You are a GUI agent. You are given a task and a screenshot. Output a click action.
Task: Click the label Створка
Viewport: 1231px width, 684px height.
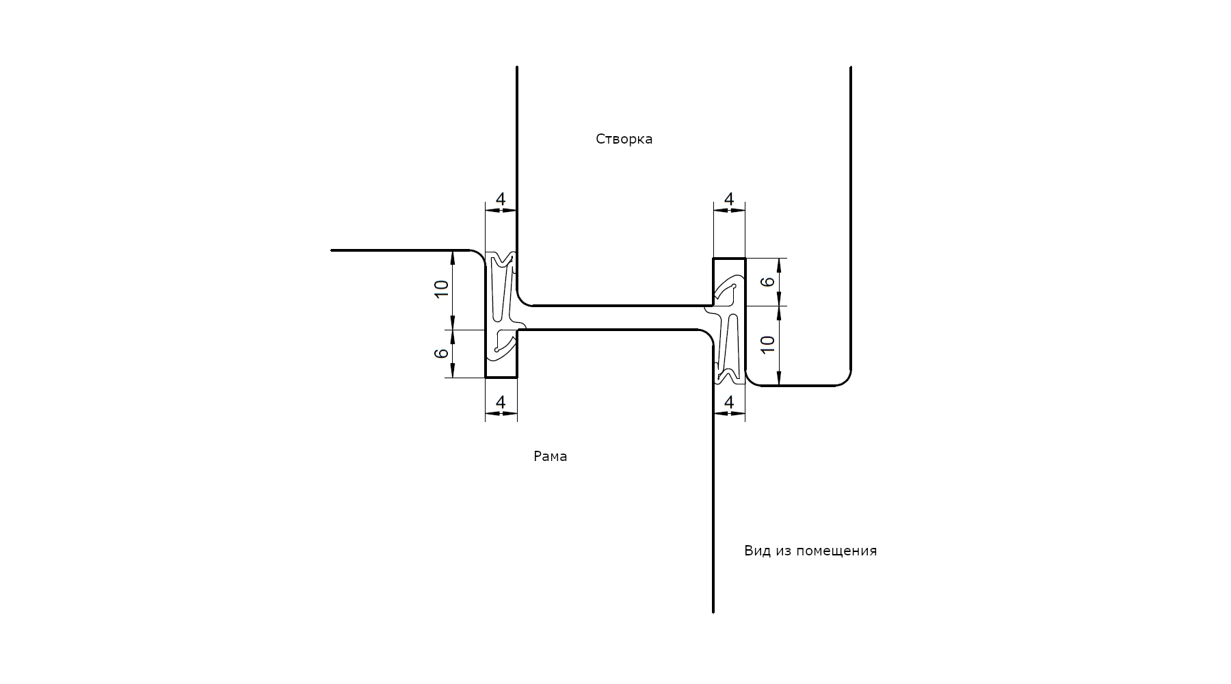(624, 139)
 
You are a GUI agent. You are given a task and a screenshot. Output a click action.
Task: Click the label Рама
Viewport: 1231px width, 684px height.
(550, 456)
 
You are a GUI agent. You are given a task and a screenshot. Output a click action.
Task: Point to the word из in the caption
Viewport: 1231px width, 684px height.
(782, 551)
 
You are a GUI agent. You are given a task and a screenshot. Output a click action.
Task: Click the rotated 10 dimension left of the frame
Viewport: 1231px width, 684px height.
(442, 289)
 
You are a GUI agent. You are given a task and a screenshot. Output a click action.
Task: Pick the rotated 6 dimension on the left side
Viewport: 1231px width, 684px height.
(442, 353)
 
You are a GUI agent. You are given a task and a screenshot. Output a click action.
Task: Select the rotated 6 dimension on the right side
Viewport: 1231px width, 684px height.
(768, 281)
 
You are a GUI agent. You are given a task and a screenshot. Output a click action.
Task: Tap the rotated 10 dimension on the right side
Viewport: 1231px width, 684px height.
(768, 344)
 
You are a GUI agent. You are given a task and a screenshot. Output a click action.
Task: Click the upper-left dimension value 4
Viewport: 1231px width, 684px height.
(501, 199)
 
